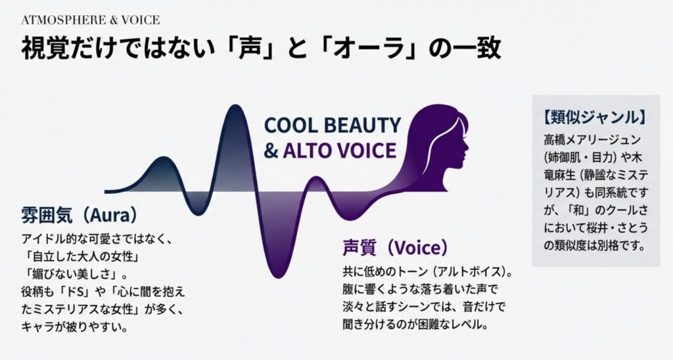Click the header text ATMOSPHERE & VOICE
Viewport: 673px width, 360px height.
[90, 20]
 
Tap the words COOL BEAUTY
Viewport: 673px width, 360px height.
[332, 125]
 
